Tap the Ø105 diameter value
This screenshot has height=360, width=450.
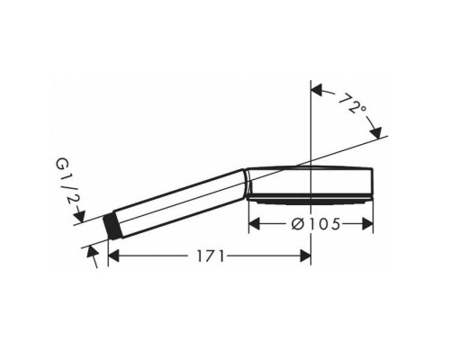click(316, 224)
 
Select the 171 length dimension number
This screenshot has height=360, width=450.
click(211, 256)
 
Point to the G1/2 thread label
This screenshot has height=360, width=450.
click(66, 183)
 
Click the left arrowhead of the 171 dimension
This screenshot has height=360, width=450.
click(113, 256)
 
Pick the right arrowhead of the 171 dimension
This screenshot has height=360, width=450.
click(305, 256)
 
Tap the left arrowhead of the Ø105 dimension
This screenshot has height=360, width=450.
click(255, 224)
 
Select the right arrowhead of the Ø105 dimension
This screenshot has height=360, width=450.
click(367, 224)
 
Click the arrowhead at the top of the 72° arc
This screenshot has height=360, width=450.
click(317, 90)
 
